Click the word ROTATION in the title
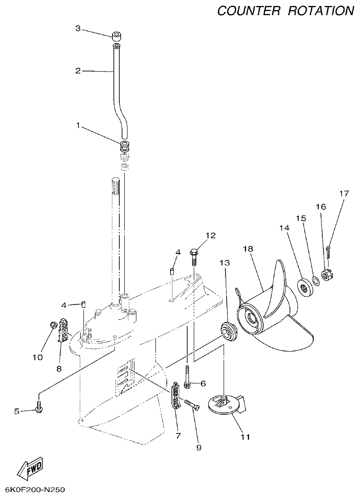click(321, 11)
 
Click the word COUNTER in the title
click(249, 11)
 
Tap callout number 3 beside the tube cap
click(78, 28)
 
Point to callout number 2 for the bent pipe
click(78, 71)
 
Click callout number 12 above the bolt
click(210, 235)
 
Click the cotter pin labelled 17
click(329, 249)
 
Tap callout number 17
click(344, 193)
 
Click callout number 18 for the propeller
click(248, 248)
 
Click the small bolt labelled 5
click(39, 406)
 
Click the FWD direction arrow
click(30, 469)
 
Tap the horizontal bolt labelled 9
click(193, 405)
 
